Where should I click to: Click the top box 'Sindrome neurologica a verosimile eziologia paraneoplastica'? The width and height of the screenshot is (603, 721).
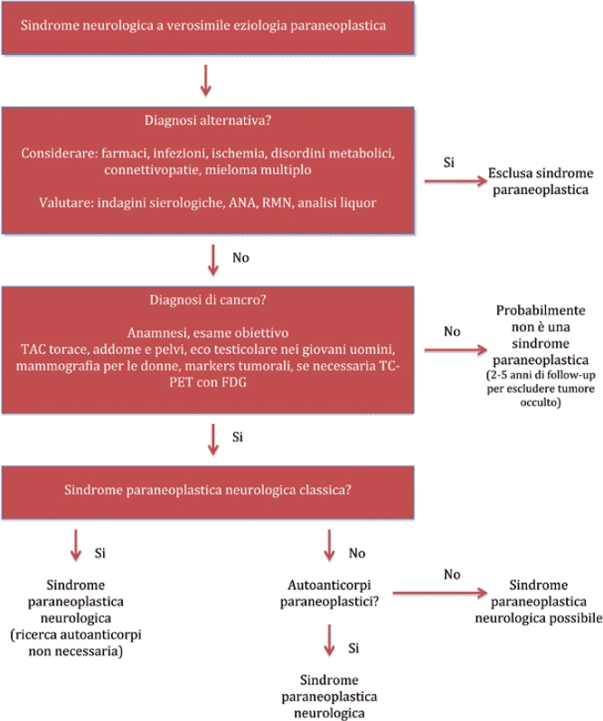pyautogui.click(x=208, y=28)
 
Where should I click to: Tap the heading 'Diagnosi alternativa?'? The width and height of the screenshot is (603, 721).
pyautogui.click(x=208, y=120)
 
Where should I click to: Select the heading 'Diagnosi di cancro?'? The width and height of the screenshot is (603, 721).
pyautogui.click(x=208, y=300)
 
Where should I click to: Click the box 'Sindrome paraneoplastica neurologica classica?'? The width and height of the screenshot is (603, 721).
pyautogui.click(x=208, y=492)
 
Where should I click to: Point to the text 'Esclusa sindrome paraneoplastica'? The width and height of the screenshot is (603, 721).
pyautogui.click(x=541, y=182)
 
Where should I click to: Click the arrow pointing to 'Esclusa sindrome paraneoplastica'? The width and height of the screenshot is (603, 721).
pyautogui.click(x=456, y=182)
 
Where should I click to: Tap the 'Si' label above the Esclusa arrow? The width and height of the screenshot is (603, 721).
pyautogui.click(x=449, y=163)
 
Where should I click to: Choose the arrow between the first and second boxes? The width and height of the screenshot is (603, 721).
pyautogui.click(x=205, y=81)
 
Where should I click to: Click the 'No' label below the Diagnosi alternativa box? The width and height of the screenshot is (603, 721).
pyautogui.click(x=240, y=257)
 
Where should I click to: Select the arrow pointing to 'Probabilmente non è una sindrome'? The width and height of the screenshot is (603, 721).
pyautogui.click(x=456, y=351)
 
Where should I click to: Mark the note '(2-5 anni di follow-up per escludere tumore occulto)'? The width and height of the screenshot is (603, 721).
pyautogui.click(x=541, y=389)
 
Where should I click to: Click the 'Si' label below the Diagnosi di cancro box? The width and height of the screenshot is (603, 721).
pyautogui.click(x=238, y=436)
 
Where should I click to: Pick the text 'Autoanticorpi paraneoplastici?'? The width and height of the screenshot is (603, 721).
pyautogui.click(x=329, y=594)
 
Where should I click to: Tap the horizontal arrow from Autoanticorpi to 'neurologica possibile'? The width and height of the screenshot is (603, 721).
pyautogui.click(x=439, y=594)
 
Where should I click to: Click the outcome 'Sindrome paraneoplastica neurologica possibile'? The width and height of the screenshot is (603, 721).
pyautogui.click(x=539, y=602)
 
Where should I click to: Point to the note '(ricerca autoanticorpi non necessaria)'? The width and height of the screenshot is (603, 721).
pyautogui.click(x=76, y=642)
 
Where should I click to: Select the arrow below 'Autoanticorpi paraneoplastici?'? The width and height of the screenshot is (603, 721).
pyautogui.click(x=329, y=640)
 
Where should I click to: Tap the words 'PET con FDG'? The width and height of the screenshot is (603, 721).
pyautogui.click(x=208, y=382)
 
